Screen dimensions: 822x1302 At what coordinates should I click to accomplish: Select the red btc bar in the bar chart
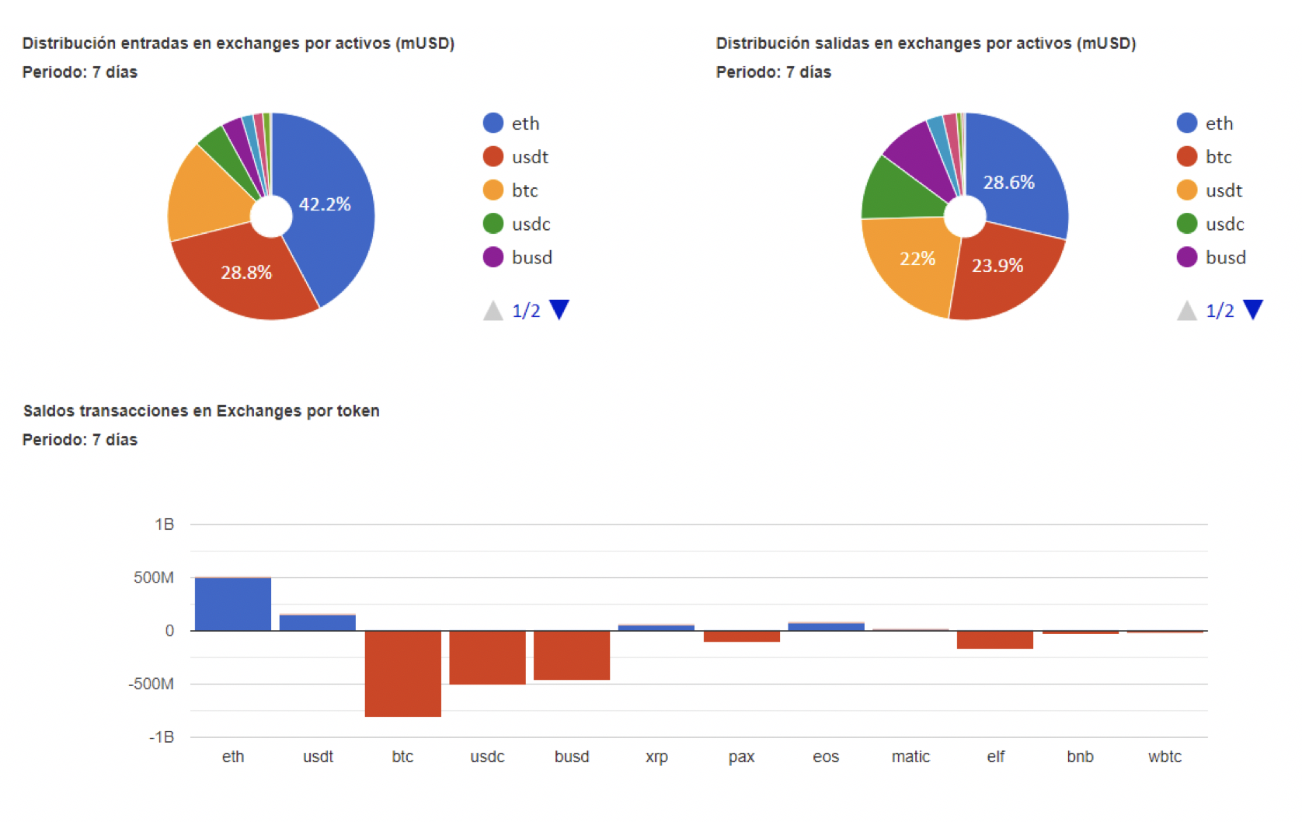[402, 673]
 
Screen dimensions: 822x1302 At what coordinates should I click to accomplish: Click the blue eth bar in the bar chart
[233, 604]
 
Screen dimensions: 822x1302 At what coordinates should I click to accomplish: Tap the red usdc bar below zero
[487, 657]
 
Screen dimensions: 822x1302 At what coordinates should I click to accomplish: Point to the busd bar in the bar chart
[572, 655]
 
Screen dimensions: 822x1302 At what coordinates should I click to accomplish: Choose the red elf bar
[995, 639]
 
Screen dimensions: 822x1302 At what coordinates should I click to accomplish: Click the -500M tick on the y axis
[151, 684]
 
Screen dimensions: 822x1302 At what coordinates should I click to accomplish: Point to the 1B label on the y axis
[164, 524]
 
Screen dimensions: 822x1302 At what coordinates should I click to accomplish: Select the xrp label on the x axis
[656, 757]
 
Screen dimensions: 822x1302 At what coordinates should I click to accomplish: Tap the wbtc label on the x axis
[1164, 757]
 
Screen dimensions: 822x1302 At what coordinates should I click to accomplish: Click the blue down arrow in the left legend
[559, 309]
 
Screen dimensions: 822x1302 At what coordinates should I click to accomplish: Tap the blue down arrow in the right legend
[1253, 309]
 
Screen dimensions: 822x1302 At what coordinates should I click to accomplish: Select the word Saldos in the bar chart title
[49, 411]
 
